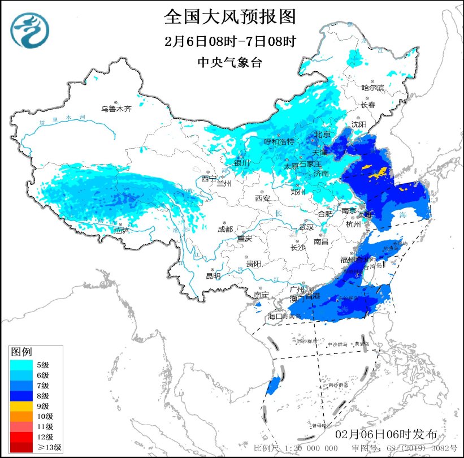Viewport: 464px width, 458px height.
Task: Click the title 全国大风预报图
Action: [x=230, y=17]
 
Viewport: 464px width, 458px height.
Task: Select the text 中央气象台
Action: [x=229, y=62]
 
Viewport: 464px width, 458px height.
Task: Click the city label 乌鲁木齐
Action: [x=116, y=109]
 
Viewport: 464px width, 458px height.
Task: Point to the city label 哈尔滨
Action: [x=373, y=88]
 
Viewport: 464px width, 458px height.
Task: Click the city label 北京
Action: [x=322, y=135]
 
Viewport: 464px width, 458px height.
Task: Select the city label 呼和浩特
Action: [x=279, y=141]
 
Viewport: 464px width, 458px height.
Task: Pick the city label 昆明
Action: [x=213, y=276]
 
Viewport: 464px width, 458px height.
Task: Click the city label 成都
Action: [x=225, y=229]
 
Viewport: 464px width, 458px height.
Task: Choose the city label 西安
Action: [x=263, y=198]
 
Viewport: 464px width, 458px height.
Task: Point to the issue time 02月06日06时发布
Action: [x=386, y=434]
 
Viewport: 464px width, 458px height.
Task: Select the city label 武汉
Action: [x=306, y=226]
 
